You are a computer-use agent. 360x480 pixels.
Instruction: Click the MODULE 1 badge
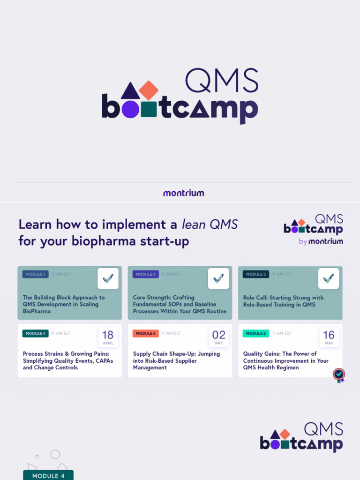(x=35, y=274)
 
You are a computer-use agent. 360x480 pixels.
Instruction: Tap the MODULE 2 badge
(x=146, y=274)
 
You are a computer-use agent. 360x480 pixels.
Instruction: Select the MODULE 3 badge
(x=256, y=274)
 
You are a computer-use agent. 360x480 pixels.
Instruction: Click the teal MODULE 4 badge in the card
(x=35, y=333)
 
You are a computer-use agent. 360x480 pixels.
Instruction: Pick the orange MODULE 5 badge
(x=146, y=333)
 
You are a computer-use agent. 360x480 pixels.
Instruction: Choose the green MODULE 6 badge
(x=256, y=333)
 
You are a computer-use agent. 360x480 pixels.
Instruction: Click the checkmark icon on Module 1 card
(x=108, y=278)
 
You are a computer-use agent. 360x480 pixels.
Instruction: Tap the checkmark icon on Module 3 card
(x=329, y=278)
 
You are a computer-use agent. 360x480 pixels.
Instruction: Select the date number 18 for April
(x=108, y=335)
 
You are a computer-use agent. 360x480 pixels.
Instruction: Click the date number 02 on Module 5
(x=219, y=335)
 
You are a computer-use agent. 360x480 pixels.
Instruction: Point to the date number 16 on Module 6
(x=329, y=335)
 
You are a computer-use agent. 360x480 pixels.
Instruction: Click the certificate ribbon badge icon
(x=339, y=375)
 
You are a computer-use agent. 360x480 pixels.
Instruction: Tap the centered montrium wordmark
(x=183, y=193)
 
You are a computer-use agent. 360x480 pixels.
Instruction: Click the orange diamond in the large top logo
(x=149, y=90)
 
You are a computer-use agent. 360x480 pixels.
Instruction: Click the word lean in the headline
(x=194, y=225)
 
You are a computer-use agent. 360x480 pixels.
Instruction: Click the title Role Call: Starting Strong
(x=283, y=298)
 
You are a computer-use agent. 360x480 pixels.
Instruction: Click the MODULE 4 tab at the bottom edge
(x=48, y=475)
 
